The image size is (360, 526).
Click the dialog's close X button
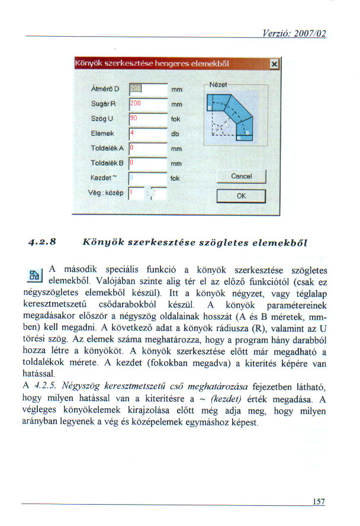click(274, 63)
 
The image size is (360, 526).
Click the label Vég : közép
click(105, 192)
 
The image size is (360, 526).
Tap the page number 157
click(319, 502)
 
